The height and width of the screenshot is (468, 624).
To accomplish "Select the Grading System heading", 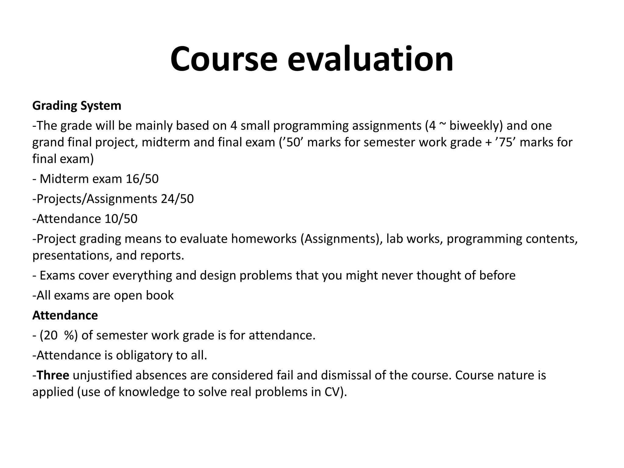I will click(x=77, y=106).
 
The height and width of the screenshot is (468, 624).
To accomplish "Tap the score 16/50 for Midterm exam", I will click(x=142, y=179).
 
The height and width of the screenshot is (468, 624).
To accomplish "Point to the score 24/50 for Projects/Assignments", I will click(x=177, y=199).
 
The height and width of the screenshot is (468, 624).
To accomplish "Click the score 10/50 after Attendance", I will click(x=121, y=219).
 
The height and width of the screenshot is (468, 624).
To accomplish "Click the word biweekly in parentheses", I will click(x=473, y=126).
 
